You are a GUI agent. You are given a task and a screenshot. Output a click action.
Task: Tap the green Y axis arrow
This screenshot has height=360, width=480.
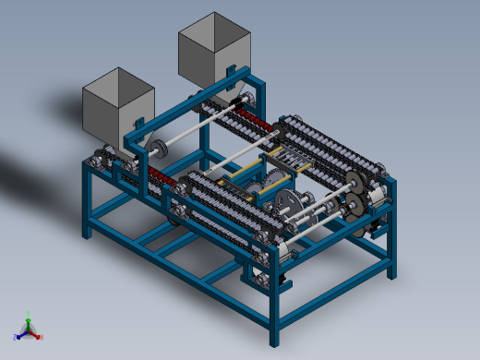[x=29, y=317]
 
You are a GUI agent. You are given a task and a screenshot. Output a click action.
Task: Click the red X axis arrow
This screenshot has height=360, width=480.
[x=39, y=336]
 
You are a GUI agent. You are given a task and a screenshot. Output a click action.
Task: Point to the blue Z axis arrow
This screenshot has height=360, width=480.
[x=19, y=335]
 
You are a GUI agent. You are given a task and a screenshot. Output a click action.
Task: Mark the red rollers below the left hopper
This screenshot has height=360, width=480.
[x=154, y=174]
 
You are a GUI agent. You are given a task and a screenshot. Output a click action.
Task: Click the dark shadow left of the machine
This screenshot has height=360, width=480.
[x=37, y=171]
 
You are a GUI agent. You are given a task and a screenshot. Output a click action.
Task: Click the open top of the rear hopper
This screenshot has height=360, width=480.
[x=214, y=28]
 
